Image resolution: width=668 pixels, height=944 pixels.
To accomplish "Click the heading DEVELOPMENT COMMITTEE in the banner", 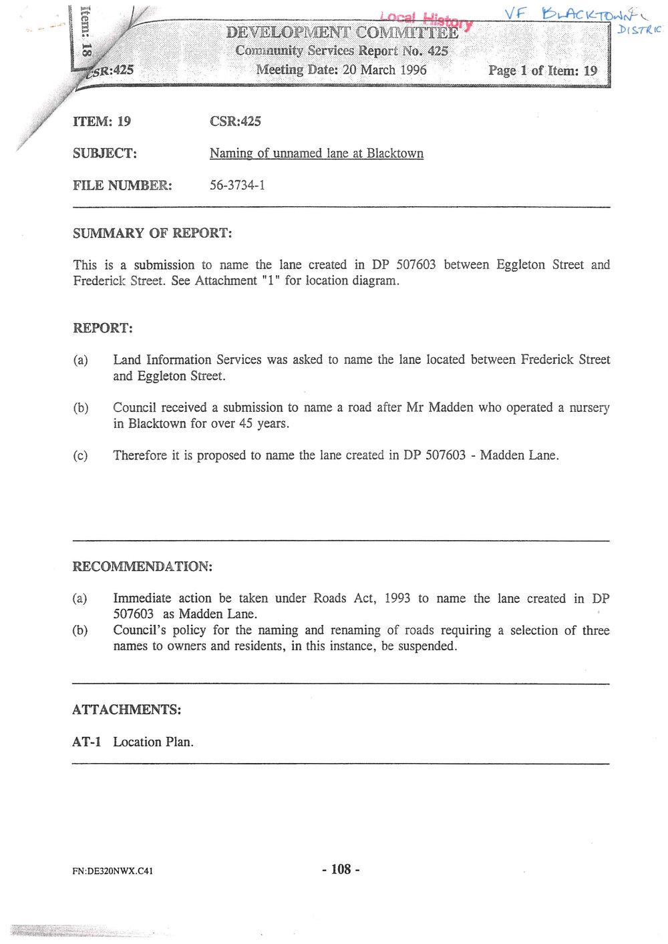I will (x=342, y=32).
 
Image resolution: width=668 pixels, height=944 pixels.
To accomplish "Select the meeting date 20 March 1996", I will (x=384, y=69).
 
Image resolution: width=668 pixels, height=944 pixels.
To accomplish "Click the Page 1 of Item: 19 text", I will (x=542, y=70).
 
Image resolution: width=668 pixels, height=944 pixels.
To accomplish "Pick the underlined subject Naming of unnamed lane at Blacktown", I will (x=316, y=153).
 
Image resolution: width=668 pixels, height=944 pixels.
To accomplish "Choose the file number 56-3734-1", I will (x=237, y=185).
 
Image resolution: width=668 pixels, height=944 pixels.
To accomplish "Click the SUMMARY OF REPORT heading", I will (x=152, y=233).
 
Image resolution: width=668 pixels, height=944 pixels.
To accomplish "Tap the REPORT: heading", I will (x=103, y=328).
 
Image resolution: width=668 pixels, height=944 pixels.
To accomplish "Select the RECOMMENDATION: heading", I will (x=142, y=566).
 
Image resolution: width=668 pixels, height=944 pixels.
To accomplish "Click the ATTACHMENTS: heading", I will (x=126, y=709).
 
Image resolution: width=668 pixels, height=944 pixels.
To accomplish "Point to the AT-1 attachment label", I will (x=86, y=742).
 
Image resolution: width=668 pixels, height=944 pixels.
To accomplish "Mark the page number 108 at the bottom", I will (x=341, y=869).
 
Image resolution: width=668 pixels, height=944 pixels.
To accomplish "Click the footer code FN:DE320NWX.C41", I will (x=113, y=871).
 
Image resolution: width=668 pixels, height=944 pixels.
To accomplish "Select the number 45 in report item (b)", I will (x=246, y=423).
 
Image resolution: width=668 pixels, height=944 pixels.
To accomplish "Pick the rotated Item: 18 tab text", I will (x=85, y=30).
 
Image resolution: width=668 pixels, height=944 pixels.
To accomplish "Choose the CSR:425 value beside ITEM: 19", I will (x=235, y=122).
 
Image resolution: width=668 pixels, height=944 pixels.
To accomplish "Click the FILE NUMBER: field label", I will (x=122, y=186).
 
